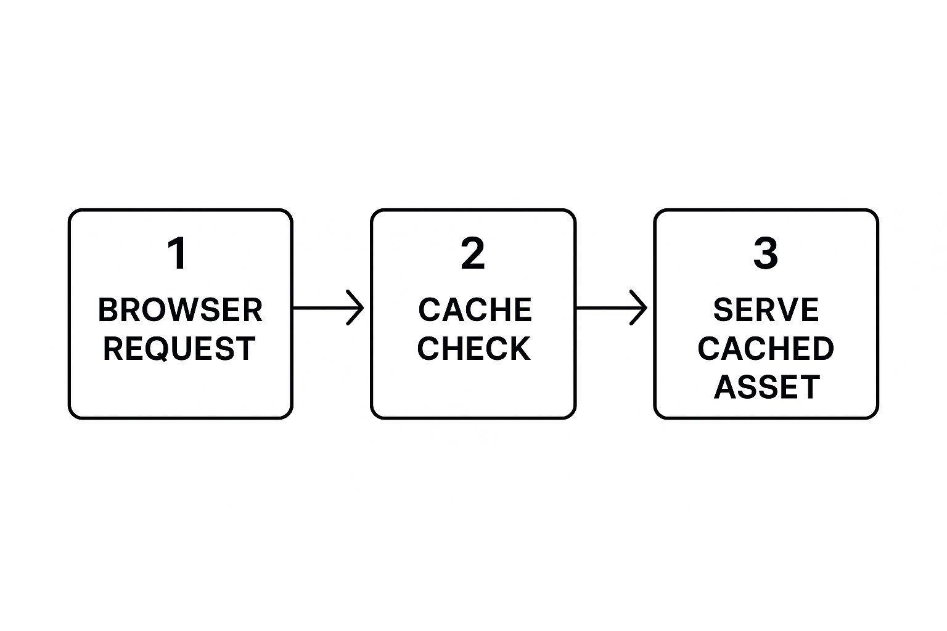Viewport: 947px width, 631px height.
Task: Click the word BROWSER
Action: point(180,310)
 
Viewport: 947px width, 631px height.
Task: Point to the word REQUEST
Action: point(179,349)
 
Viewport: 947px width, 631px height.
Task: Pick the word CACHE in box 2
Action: point(475,310)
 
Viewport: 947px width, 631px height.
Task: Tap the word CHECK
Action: point(473,349)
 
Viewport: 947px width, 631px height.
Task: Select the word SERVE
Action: point(766,310)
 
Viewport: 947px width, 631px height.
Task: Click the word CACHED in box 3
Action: point(766,349)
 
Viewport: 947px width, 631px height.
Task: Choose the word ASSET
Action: point(767,387)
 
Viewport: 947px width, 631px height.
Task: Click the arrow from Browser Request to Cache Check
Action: point(328,307)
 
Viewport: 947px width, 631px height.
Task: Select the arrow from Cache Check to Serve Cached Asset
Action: point(612,307)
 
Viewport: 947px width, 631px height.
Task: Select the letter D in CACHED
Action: point(822,349)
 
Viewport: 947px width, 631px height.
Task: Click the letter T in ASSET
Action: point(810,387)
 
